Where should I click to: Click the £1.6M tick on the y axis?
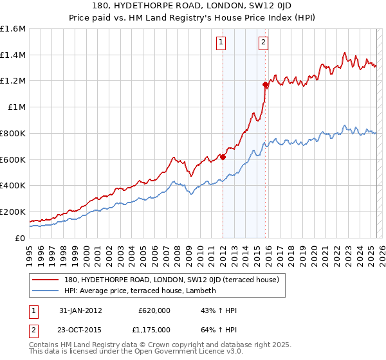[x=14, y=29]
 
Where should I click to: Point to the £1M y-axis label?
[x=16, y=107]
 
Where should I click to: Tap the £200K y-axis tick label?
[x=14, y=212]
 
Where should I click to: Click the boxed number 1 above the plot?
[x=221, y=43]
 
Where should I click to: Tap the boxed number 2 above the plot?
[x=264, y=43]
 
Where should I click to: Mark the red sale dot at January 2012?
[x=223, y=157]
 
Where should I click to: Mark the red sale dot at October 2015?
[x=265, y=84]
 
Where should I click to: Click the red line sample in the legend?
[x=46, y=280]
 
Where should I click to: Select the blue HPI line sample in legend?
[x=46, y=291]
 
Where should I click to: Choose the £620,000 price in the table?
[x=154, y=310]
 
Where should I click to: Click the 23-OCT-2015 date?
[x=79, y=330]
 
